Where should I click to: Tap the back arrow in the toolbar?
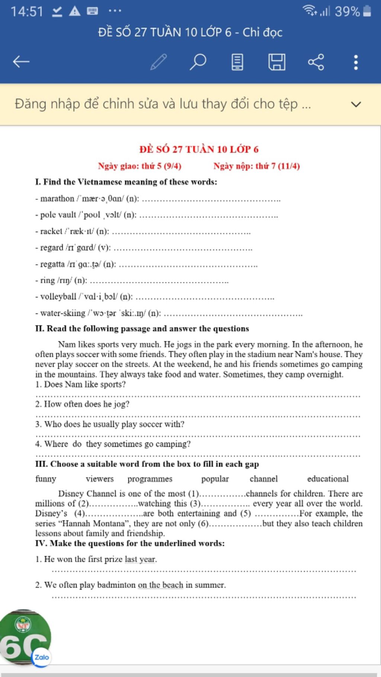pos(21,62)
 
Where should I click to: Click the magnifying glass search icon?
pos(198,62)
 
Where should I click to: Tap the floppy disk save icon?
pos(277,62)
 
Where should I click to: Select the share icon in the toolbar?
pos(316,62)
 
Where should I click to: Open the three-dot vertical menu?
pos(356,62)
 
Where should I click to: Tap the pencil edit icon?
pos(159,62)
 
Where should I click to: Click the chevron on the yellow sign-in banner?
pos(356,104)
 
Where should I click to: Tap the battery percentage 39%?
pos(347,12)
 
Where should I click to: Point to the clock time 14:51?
pos(27,12)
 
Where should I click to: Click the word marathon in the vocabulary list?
pos(57,199)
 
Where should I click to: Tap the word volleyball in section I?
pos(58,297)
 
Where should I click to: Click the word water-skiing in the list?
pos(63,313)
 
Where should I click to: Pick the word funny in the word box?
pos(46,479)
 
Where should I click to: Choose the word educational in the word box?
pos(328,479)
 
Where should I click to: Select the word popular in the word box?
pos(215,479)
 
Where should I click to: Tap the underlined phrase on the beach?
pos(160,585)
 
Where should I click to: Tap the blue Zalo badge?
pos(41,657)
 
